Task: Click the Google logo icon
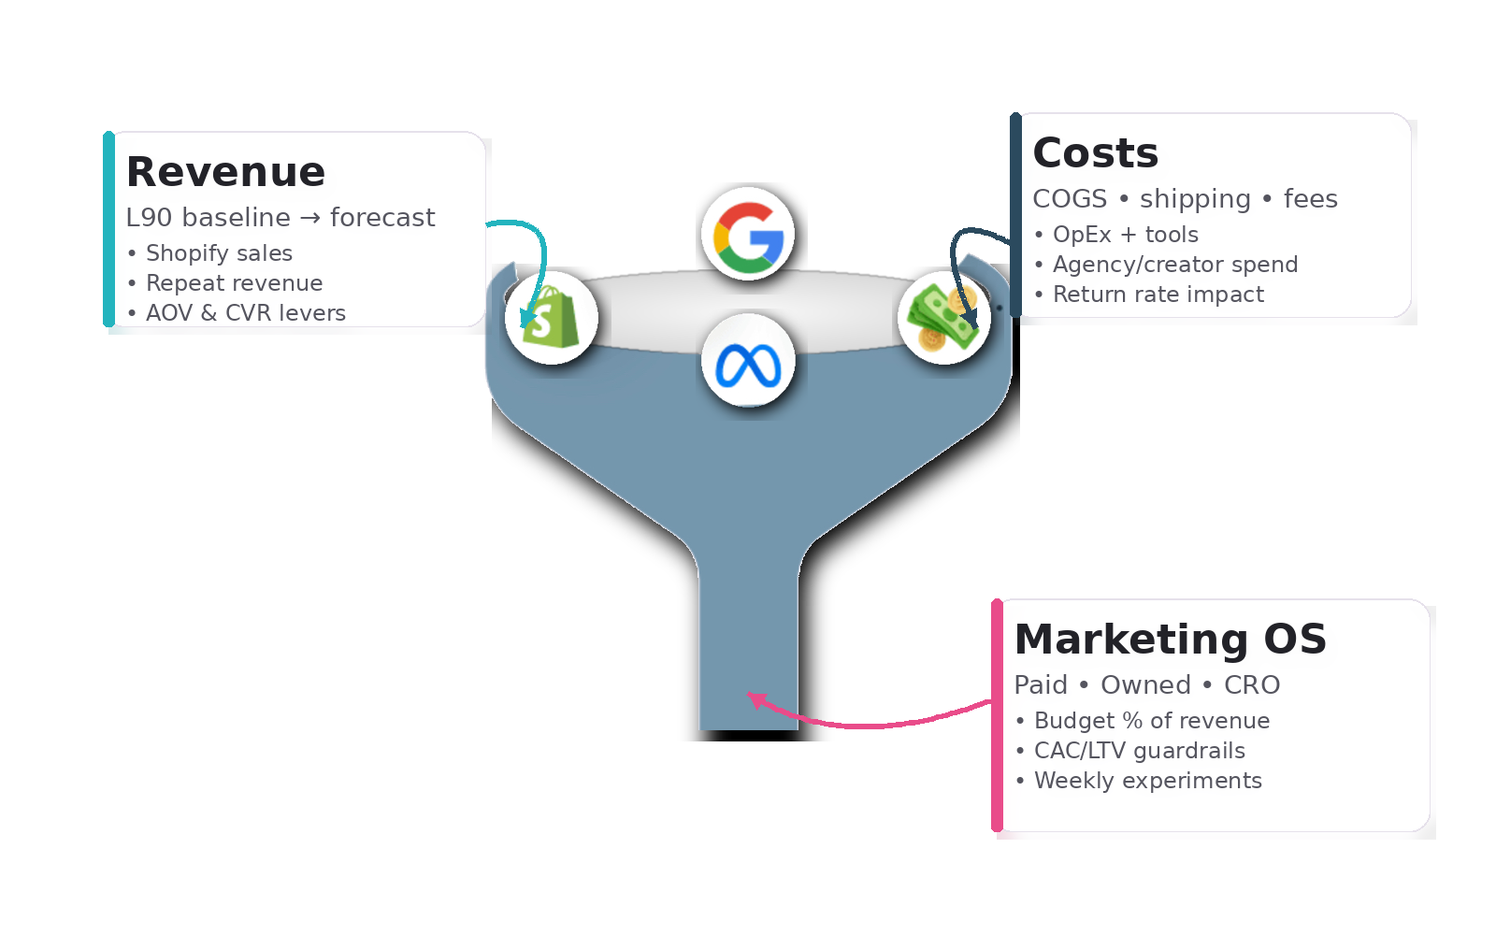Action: pos(748,235)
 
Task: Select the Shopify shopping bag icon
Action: pos(552,318)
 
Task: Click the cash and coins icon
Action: pos(943,318)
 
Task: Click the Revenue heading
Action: pos(225,172)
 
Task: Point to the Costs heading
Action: pos(1095,153)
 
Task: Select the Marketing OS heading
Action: pos(1170,640)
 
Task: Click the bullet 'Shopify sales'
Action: pos(219,253)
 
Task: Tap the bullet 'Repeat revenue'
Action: pos(234,283)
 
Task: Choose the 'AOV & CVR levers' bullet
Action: pos(246,313)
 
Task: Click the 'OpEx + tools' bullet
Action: pos(1125,235)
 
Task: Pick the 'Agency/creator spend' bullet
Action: pos(1175,265)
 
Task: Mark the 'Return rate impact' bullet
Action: pos(1158,295)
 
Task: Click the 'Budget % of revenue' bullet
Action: pos(1152,721)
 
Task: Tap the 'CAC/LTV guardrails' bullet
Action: pos(1140,751)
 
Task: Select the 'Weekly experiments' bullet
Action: pos(1148,781)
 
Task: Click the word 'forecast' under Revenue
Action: pos(382,218)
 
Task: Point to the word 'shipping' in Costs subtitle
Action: pos(1195,199)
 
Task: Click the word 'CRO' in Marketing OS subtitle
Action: pos(1252,685)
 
